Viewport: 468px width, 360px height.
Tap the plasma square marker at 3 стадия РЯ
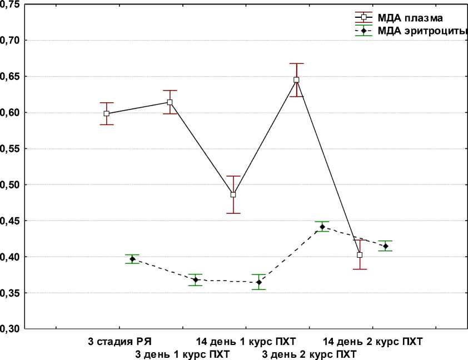point(107,113)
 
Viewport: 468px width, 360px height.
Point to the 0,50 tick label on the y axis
point(10,184)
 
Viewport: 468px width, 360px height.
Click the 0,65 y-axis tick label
point(10,76)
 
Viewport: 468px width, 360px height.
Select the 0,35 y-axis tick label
point(10,293)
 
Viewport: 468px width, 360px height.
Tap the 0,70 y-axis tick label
point(10,41)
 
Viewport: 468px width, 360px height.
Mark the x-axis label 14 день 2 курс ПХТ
point(373,341)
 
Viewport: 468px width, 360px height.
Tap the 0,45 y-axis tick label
point(10,221)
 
